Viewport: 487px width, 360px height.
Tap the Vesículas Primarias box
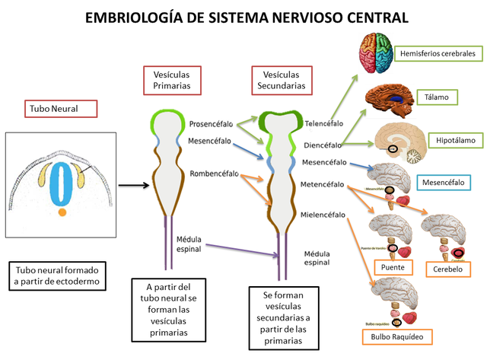pos(171,81)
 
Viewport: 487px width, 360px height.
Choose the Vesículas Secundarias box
pos(283,81)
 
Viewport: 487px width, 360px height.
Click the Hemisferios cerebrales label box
pos(439,54)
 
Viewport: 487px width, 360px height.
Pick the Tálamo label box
pos(437,97)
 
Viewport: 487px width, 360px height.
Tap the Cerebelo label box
pos(447,269)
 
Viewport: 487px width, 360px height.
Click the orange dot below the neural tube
pos(62,214)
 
